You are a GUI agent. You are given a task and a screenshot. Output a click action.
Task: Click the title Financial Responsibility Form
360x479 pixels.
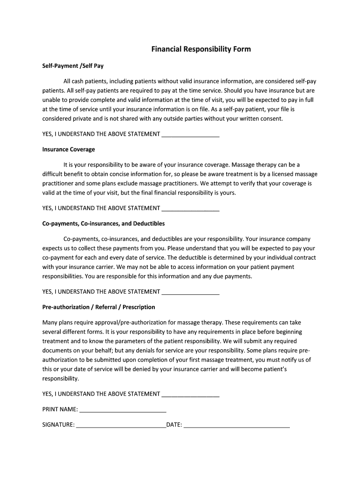(201, 49)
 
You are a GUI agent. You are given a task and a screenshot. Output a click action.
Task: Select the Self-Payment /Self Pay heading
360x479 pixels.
(73, 66)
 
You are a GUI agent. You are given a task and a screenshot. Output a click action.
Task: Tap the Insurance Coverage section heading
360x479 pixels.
(68, 149)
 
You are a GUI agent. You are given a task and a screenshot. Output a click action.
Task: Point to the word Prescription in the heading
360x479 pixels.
(139, 307)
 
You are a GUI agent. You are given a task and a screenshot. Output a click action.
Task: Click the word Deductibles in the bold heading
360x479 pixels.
(149, 224)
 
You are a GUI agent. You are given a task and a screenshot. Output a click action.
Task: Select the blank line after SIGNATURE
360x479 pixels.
(121, 426)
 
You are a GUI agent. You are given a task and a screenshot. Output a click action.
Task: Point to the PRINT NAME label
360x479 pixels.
(60, 409)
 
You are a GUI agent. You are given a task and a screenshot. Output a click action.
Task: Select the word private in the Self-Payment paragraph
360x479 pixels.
(81, 119)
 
